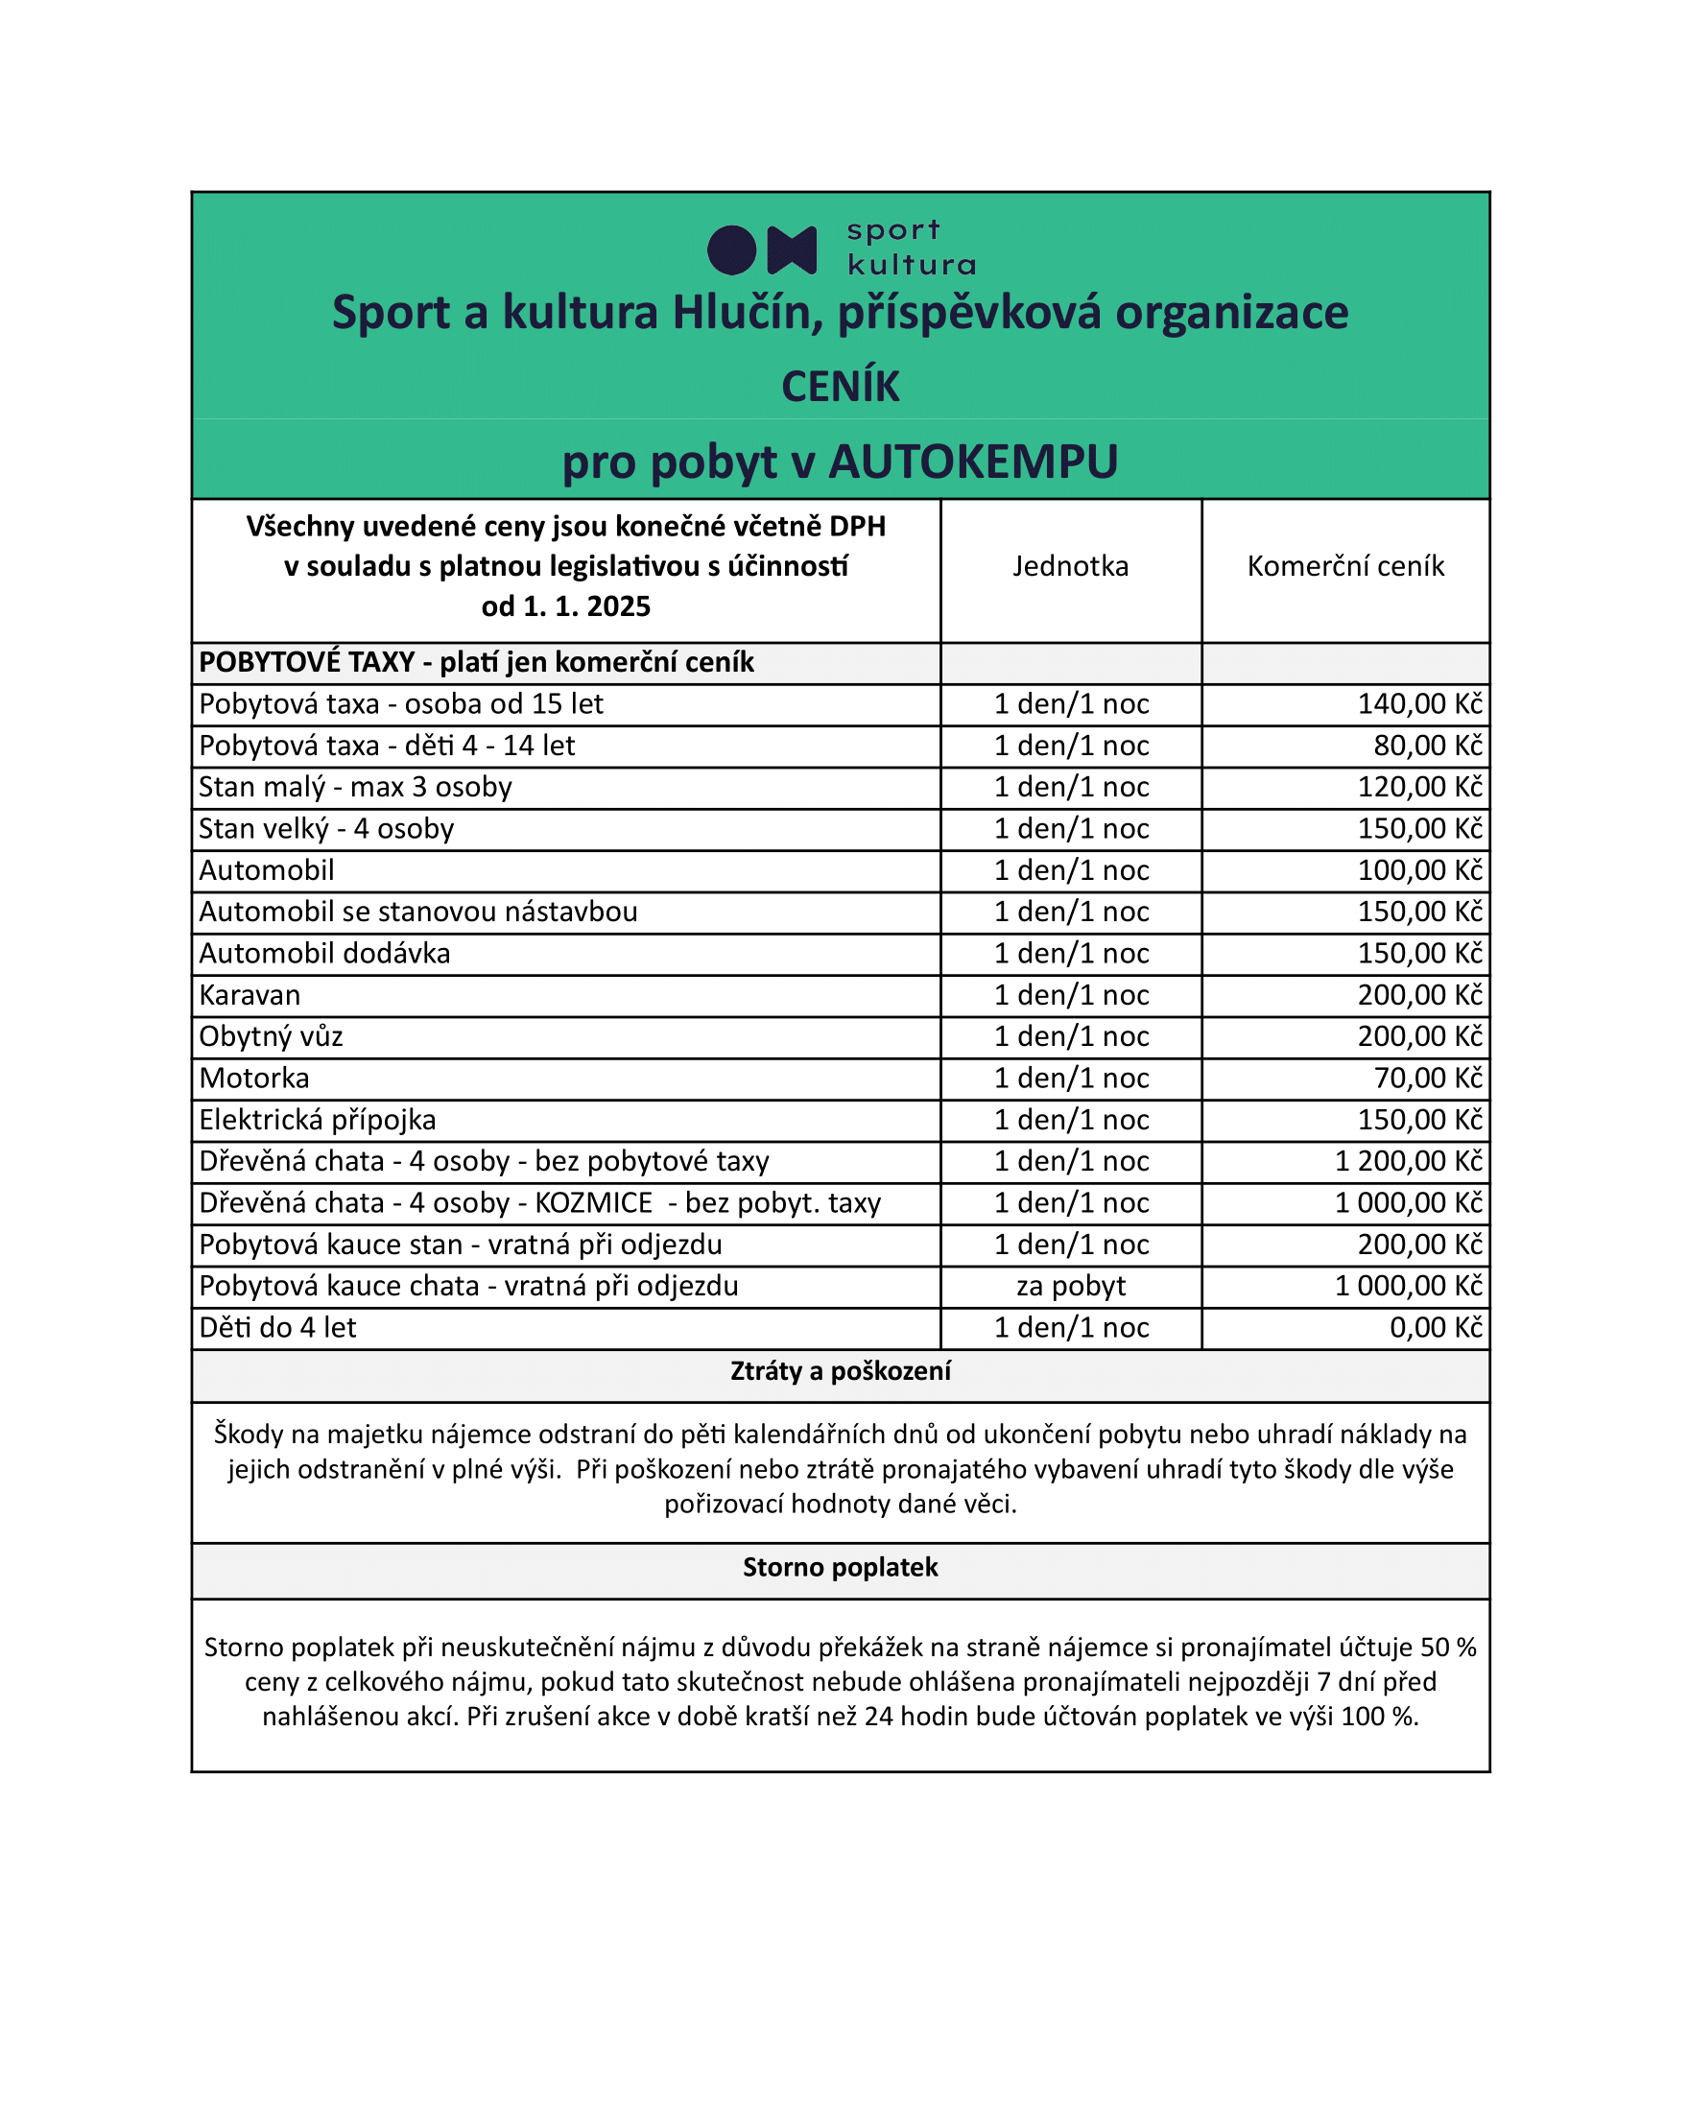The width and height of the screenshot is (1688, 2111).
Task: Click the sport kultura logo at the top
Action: pyautogui.click(x=840, y=249)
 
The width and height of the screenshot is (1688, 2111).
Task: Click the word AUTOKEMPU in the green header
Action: pyautogui.click(x=972, y=463)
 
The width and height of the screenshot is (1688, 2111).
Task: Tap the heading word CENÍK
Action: pyautogui.click(x=840, y=387)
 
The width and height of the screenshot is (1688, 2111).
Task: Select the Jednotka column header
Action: pyautogui.click(x=1070, y=566)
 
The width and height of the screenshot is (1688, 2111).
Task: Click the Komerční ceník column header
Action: pyautogui.click(x=1345, y=566)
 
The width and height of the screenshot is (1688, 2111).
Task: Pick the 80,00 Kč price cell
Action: pyautogui.click(x=1428, y=747)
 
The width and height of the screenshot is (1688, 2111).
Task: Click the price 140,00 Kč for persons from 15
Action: pyautogui.click(x=1419, y=704)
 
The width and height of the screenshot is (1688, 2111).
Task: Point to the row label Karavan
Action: pyautogui.click(x=250, y=995)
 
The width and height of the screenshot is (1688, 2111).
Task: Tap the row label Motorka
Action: pyautogui.click(x=254, y=1078)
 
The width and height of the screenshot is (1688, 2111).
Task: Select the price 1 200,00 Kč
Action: pyautogui.click(x=1409, y=1161)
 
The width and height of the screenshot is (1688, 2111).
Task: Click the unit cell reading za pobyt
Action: pyautogui.click(x=1070, y=1286)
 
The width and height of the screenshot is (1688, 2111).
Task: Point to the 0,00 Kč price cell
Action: pyautogui.click(x=1436, y=1328)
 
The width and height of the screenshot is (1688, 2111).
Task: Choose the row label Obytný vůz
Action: pyautogui.click(x=272, y=1036)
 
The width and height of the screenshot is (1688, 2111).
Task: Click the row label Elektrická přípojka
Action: pyautogui.click(x=318, y=1119)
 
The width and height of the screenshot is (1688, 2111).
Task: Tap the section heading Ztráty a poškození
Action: pyautogui.click(x=840, y=1371)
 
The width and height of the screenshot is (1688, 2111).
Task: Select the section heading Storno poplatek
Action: pyautogui.click(x=840, y=1568)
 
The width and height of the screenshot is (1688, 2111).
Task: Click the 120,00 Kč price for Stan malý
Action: pyautogui.click(x=1419, y=787)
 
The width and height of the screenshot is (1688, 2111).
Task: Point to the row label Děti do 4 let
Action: pyautogui.click(x=278, y=1328)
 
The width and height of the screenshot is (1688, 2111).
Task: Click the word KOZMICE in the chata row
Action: pyautogui.click(x=593, y=1202)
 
